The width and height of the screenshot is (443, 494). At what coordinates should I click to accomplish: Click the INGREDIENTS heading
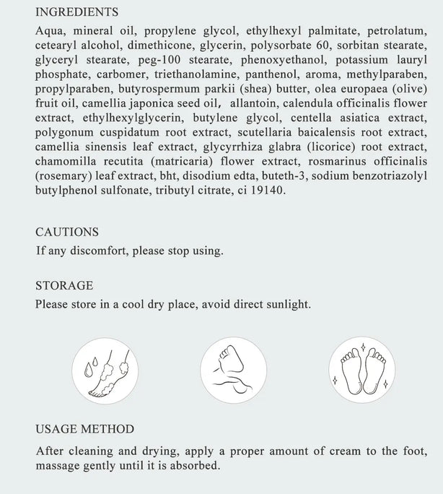click(x=77, y=12)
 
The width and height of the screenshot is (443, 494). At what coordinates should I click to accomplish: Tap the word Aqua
click(x=48, y=31)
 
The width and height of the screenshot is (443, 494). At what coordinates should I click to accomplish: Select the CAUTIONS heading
click(x=67, y=232)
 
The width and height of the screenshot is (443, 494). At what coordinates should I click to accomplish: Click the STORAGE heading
click(x=64, y=285)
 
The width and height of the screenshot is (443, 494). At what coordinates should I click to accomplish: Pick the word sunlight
click(x=286, y=304)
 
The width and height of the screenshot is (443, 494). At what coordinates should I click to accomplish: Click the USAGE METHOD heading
click(x=84, y=430)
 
